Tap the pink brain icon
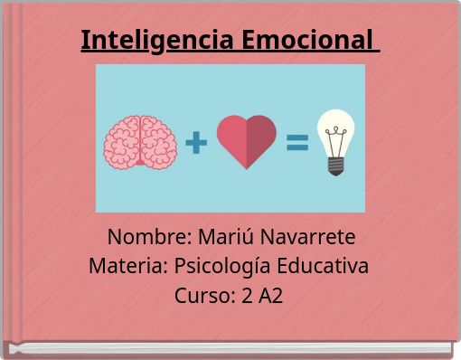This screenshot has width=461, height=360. [x=140, y=142]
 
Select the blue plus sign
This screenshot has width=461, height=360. [x=196, y=142]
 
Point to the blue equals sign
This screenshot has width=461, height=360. [x=297, y=143]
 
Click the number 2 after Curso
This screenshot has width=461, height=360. [x=248, y=296]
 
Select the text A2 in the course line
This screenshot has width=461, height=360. [x=270, y=296]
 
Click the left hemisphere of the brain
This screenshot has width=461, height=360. [x=123, y=142]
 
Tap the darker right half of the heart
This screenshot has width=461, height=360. [x=261, y=140]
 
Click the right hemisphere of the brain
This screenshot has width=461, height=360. [x=157, y=142]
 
